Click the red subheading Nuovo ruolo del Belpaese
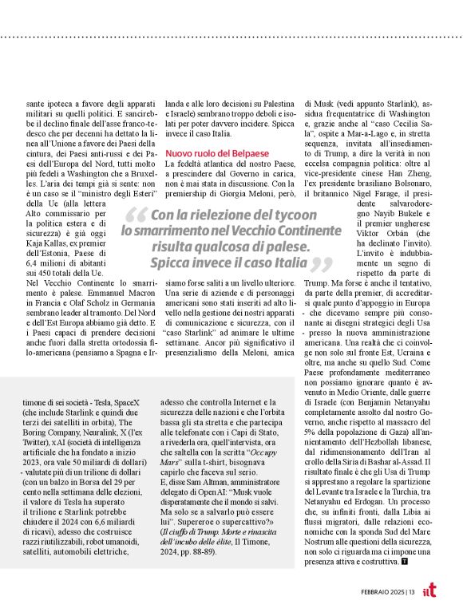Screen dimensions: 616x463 point(217,152)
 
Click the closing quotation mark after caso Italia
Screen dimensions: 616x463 point(320,264)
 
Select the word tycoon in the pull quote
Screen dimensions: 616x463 point(294,215)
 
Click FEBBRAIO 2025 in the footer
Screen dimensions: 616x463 point(381,590)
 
